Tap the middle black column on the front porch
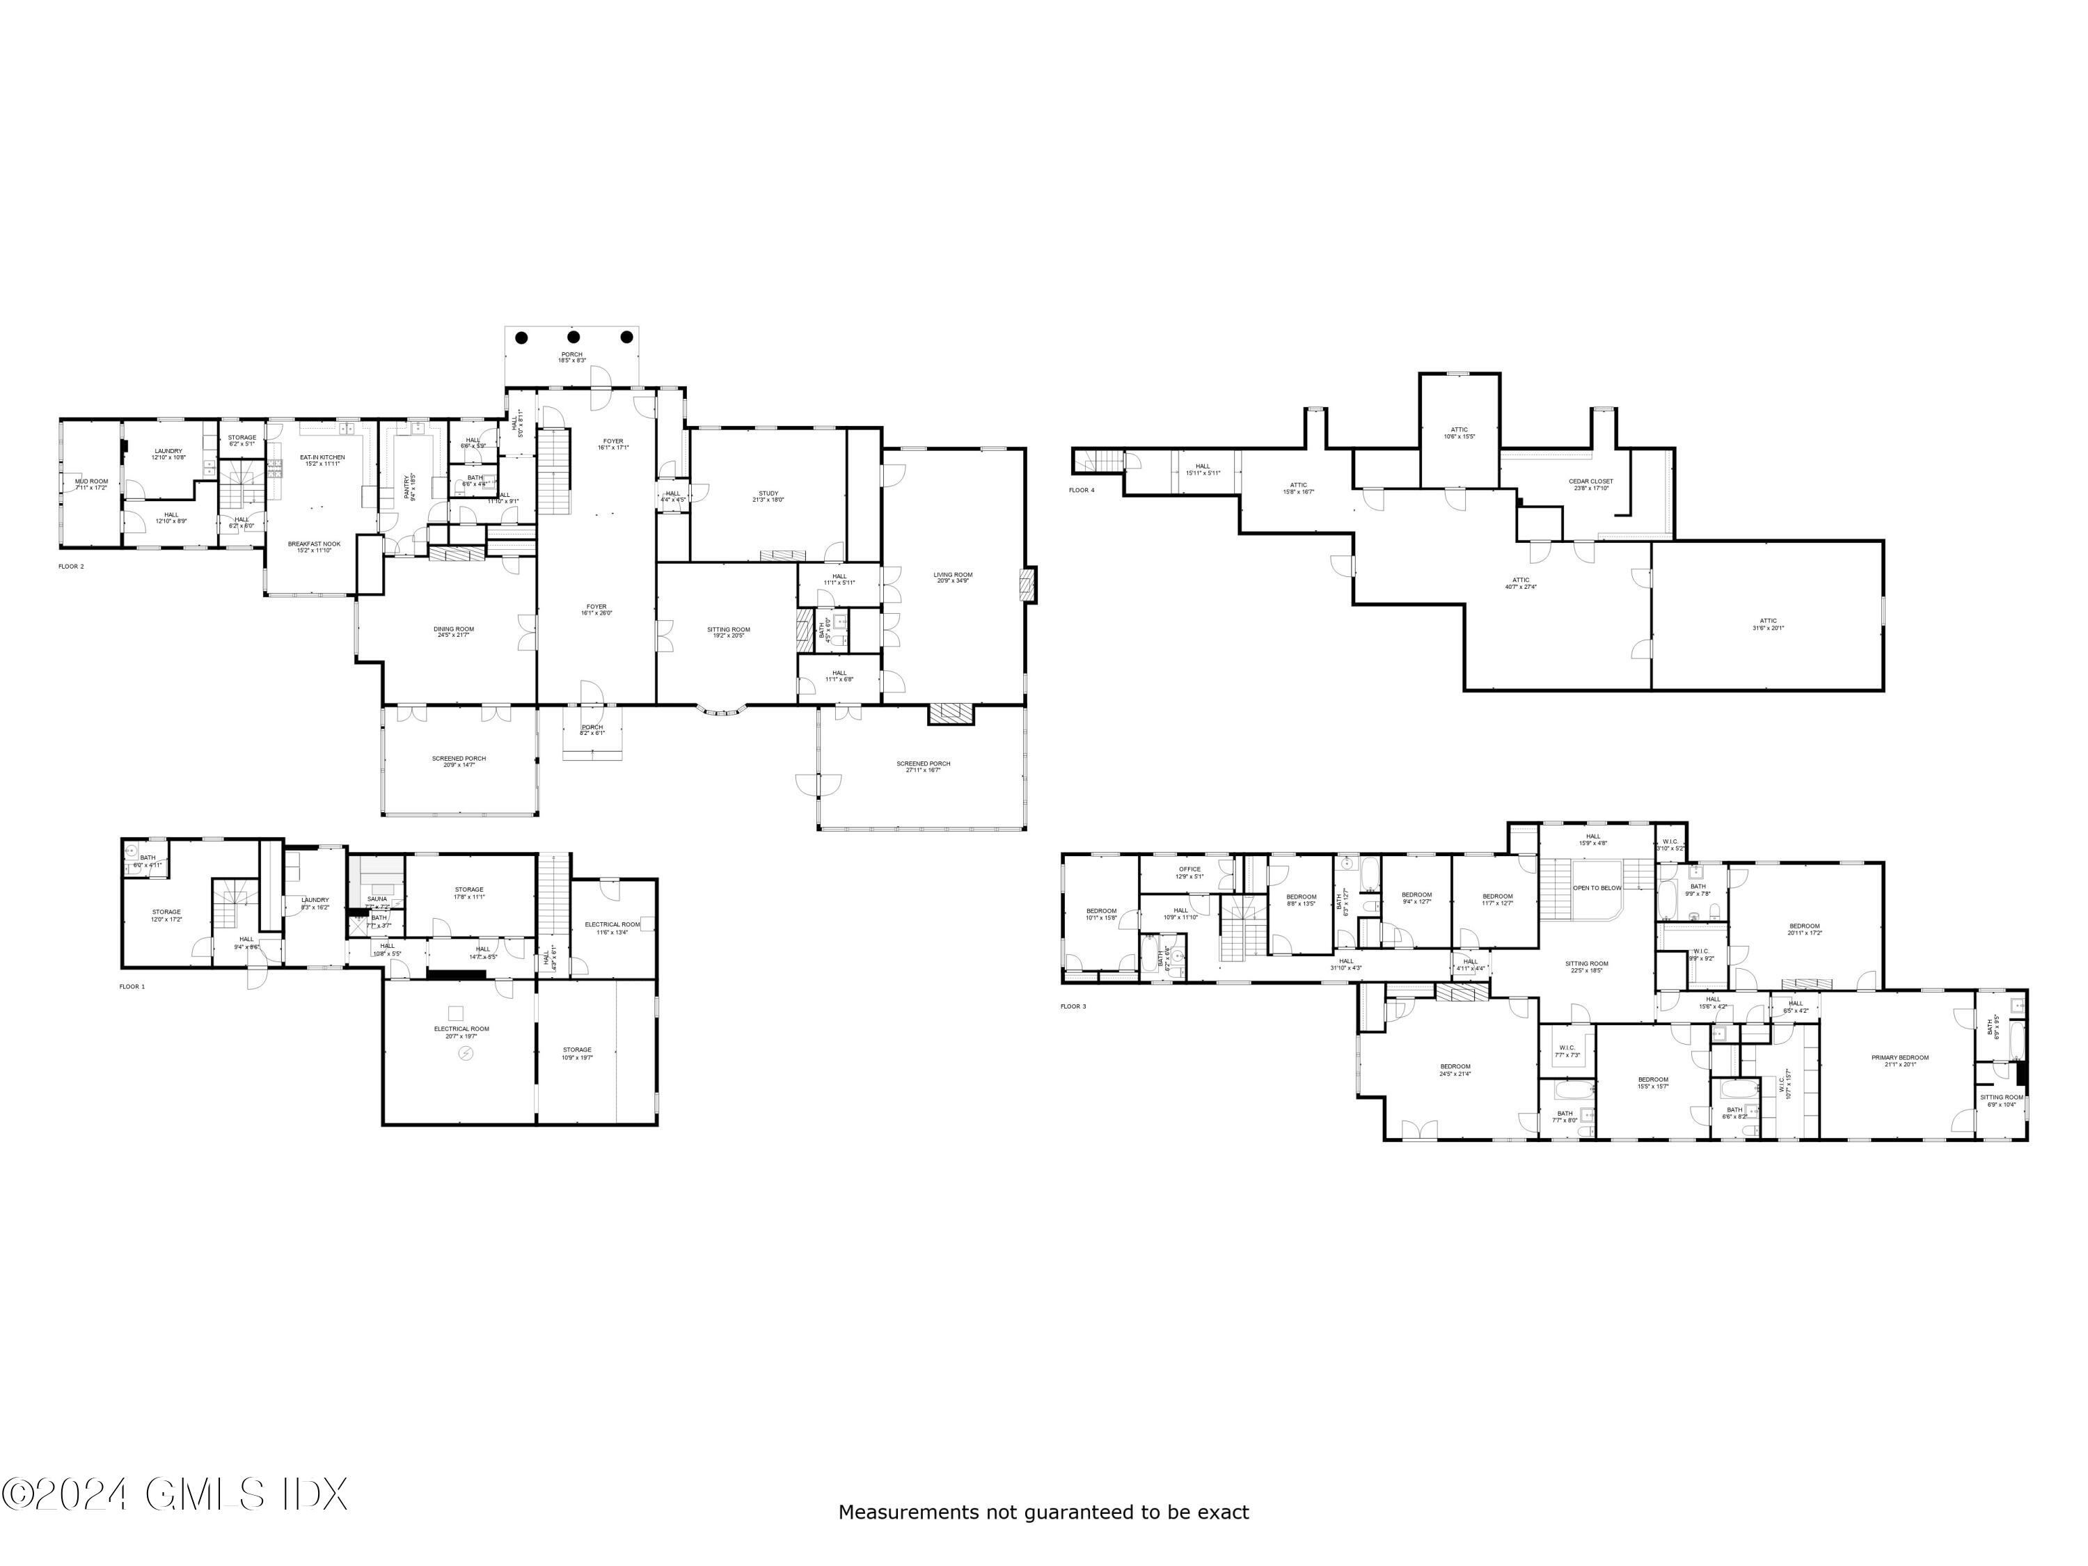click(573, 337)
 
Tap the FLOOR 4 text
click(1082, 490)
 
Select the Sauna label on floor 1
click(377, 899)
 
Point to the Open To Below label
click(1597, 887)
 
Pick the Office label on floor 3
click(1189, 869)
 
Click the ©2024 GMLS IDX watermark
click(175, 1494)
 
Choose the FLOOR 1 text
click(132, 986)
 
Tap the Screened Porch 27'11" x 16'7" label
click(923, 766)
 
